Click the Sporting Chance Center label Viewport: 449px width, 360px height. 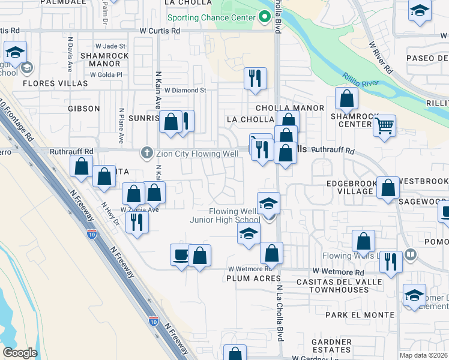pos(211,17)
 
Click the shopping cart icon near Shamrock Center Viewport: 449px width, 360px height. pos(384,126)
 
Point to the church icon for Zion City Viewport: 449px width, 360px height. pos(146,153)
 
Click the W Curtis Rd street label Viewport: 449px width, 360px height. pos(160,30)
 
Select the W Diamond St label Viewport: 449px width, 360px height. pos(185,91)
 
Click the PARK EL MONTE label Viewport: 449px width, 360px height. pos(355,314)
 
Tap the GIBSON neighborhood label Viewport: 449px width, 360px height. pos(84,109)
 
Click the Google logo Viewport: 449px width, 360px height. pos(20,353)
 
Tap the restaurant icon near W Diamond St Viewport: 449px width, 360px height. pos(255,77)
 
